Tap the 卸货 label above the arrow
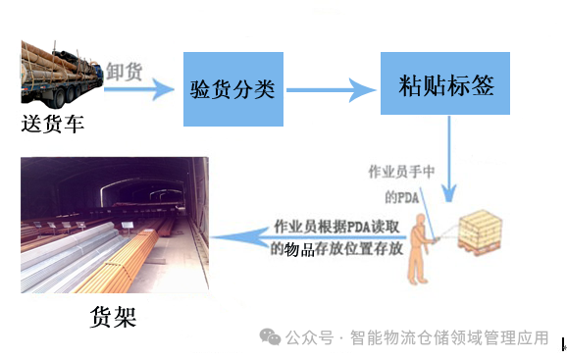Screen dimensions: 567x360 [125, 72]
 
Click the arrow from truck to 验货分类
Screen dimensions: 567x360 [137, 91]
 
